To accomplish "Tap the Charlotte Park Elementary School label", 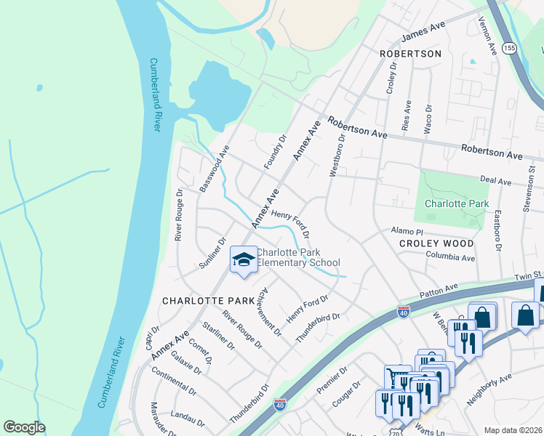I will coord(298,258).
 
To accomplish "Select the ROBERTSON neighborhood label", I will coord(410,54).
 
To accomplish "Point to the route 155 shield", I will coord(510,47).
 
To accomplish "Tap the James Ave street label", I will coord(423,33).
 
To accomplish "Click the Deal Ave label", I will coord(517,179).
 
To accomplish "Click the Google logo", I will coord(24,427).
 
